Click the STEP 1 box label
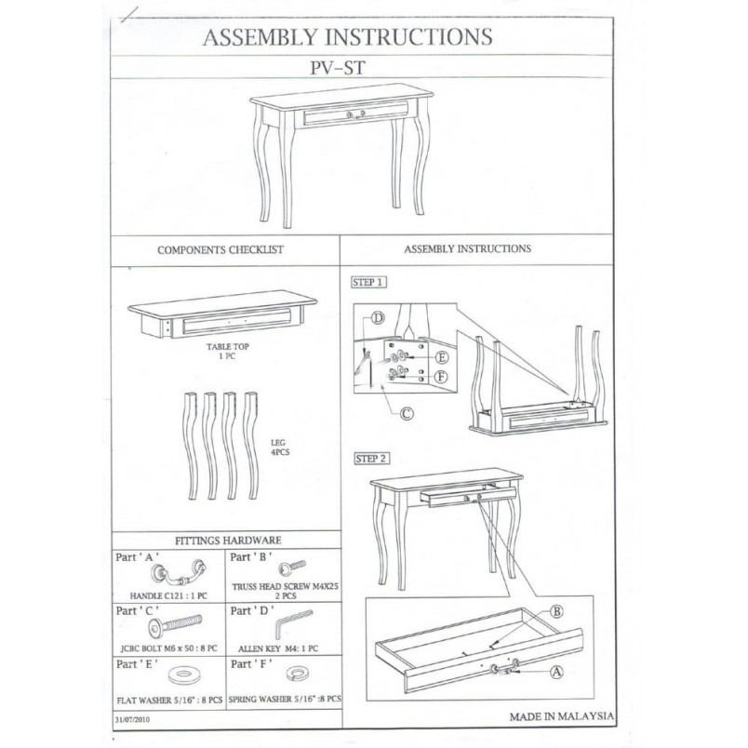[368, 282]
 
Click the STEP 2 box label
[371, 459]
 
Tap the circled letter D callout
[378, 317]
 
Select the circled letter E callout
[442, 357]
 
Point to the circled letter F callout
[442, 377]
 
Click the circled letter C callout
[406, 413]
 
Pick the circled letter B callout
[556, 611]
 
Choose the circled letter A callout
[556, 672]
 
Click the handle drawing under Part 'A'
[179, 573]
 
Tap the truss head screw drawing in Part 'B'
[291, 568]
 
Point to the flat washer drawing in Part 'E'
[181, 675]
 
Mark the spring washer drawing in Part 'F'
[297, 674]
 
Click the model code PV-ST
[338, 67]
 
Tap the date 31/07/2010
[132, 719]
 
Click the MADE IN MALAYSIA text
[562, 716]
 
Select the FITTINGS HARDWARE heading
[228, 541]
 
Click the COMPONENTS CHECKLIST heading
[220, 249]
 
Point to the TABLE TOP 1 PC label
[228, 351]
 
